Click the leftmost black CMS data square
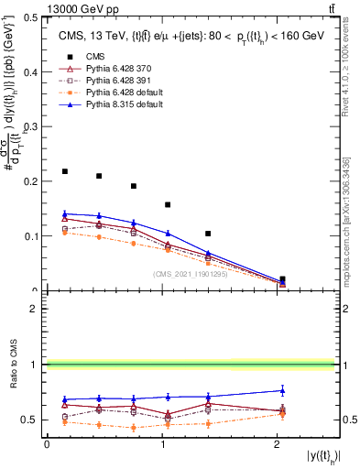64,171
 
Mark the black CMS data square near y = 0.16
167,204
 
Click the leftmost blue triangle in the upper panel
64,213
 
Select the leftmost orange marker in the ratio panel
64,422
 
